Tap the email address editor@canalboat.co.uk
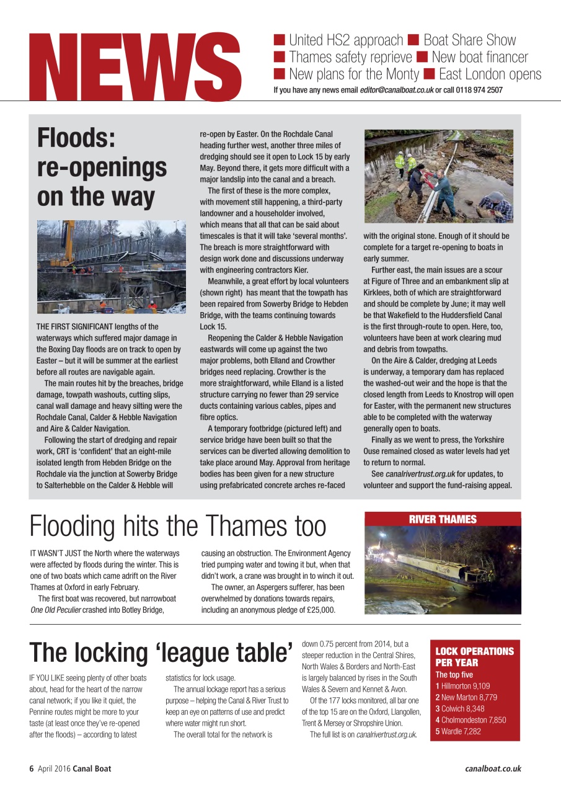click(397, 90)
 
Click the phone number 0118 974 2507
click(478, 90)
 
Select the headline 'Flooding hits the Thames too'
click(178, 526)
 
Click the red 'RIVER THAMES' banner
click(443, 519)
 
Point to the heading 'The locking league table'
click(161, 652)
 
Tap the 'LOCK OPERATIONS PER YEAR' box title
click(474, 657)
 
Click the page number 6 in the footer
click(31, 769)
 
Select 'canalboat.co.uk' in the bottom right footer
click(493, 769)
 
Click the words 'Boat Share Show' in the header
click(469, 40)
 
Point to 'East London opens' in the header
click(490, 75)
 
